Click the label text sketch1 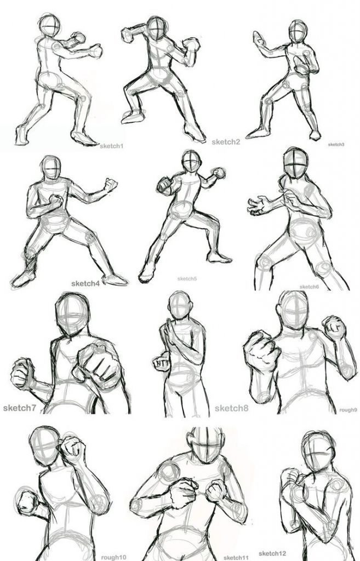(111, 146)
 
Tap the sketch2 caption (226, 142)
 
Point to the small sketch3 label (336, 145)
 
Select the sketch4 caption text (85, 284)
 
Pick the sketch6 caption (309, 287)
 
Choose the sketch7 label (19, 408)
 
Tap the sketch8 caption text (231, 408)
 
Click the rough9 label (348, 410)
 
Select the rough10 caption (113, 557)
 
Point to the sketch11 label (236, 558)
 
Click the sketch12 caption (272, 554)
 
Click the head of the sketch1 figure (50, 25)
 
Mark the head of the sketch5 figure (191, 161)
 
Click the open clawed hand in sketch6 (259, 206)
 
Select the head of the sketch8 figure (180, 305)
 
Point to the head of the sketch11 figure (205, 444)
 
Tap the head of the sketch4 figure (51, 168)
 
